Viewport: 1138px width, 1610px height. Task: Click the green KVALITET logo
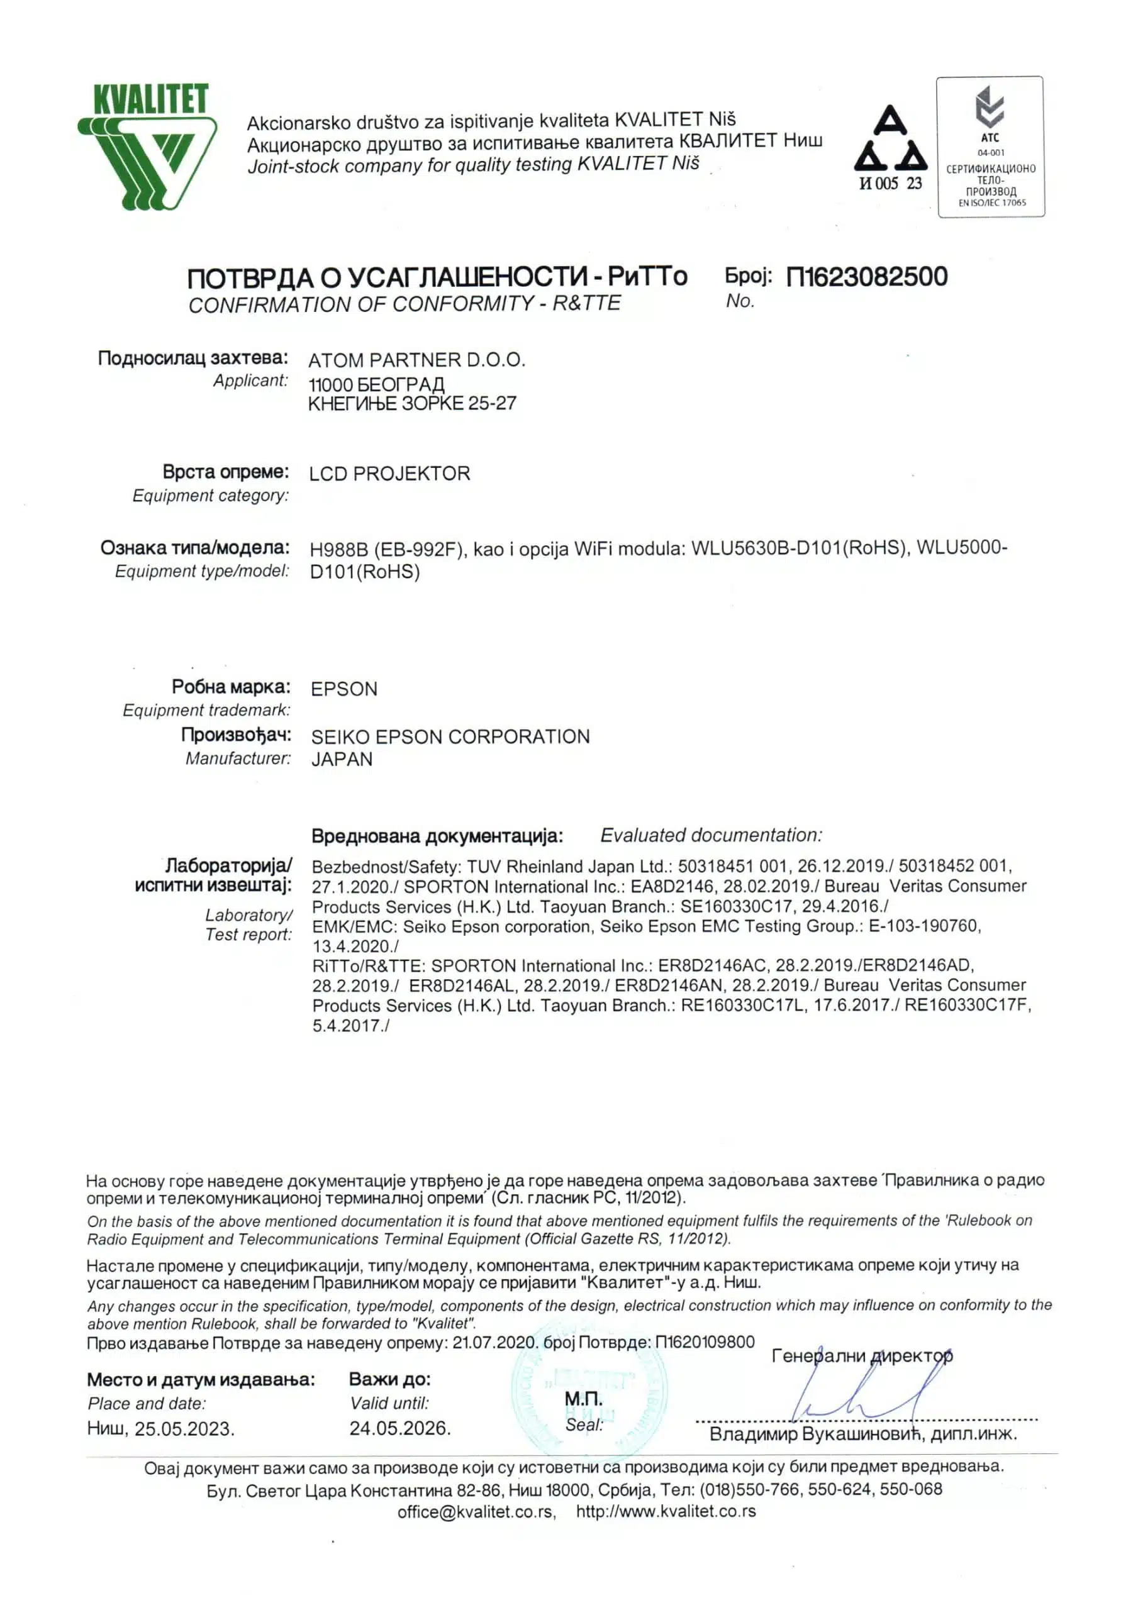coord(147,146)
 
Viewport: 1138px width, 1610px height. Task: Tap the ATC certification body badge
coord(990,147)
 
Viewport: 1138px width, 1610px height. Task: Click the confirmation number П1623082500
coord(866,277)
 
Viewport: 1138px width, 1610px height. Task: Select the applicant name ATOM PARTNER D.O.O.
coord(416,360)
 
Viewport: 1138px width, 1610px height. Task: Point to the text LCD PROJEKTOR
coord(389,474)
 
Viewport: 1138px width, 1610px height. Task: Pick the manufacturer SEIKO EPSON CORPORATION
coord(450,736)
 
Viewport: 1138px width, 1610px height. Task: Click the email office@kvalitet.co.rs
coord(476,1512)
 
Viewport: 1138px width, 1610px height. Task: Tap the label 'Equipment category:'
coord(211,496)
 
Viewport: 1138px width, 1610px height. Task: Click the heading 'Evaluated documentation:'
coord(711,835)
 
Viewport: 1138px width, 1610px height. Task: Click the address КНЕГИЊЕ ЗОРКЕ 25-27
coord(412,404)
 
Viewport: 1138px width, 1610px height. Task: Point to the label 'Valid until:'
coord(389,1403)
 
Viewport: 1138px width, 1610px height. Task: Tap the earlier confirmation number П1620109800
coord(705,1342)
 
